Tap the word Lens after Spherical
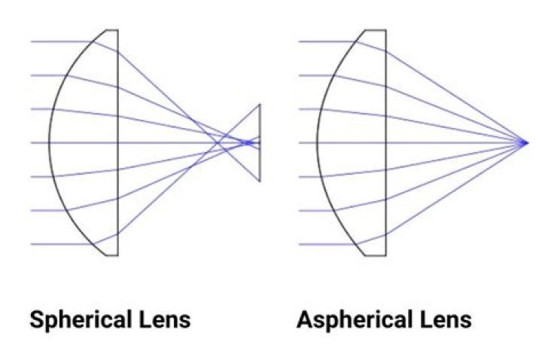pyautogui.click(x=165, y=319)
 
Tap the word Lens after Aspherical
pyautogui.click(x=446, y=319)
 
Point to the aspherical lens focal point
pyautogui.click(x=525, y=142)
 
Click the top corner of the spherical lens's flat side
pyautogui.click(x=118, y=30)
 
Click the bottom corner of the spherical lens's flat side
pyautogui.click(x=118, y=255)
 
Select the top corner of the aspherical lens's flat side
pyautogui.click(x=385, y=30)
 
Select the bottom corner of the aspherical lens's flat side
pyautogui.click(x=385, y=255)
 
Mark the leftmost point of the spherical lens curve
pyautogui.click(x=49, y=142)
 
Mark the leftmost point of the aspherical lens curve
pyautogui.click(x=317, y=142)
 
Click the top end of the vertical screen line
pyautogui.click(x=260, y=104)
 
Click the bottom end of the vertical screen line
pyautogui.click(x=260, y=181)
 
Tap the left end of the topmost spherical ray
pyautogui.click(x=32, y=42)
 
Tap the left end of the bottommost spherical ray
pyautogui.click(x=32, y=244)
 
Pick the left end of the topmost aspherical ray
pyautogui.click(x=300, y=42)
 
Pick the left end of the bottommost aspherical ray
pyautogui.click(x=300, y=244)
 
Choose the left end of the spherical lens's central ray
pyautogui.click(x=32, y=142)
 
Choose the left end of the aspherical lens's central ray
pyautogui.click(x=300, y=142)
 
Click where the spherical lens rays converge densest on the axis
pyautogui.click(x=248, y=142)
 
